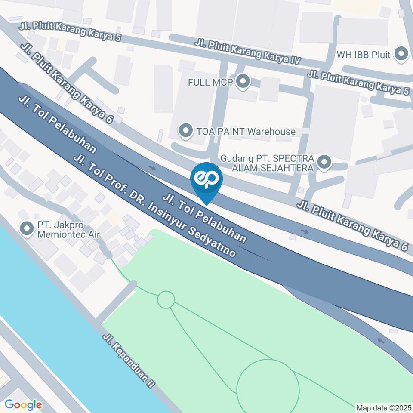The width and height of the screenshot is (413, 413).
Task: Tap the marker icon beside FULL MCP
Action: tap(243, 82)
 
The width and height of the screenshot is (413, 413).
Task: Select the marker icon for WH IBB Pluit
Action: tap(402, 54)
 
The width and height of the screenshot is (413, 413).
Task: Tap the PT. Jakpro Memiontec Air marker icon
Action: tap(28, 229)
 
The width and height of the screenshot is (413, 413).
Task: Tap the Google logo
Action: tap(23, 404)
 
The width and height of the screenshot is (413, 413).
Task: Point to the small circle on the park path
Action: tap(166, 299)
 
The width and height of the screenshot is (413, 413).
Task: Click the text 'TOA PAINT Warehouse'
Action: tap(246, 132)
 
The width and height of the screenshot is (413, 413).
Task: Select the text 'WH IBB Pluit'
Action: tap(364, 55)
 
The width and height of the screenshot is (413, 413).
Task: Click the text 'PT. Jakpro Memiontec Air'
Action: tap(68, 230)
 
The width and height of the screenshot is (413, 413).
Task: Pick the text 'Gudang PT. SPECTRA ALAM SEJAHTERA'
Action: tap(267, 163)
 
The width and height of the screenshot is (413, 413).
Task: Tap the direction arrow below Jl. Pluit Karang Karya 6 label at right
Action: tap(305, 232)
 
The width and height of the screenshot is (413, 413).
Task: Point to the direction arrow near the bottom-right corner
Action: tap(380, 340)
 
